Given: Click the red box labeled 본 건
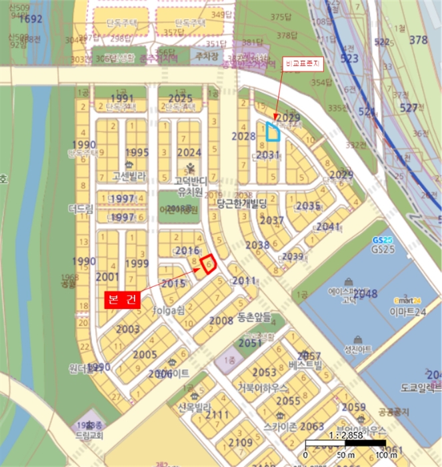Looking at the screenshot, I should pyautogui.click(x=123, y=300).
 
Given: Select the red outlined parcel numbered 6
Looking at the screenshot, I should pyautogui.click(x=208, y=264).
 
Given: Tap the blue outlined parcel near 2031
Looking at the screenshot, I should pyautogui.click(x=272, y=131).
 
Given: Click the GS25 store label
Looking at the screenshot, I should pyautogui.click(x=383, y=249).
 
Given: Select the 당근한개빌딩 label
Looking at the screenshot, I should pyautogui.click(x=242, y=203).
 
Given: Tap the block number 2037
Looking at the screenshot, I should pyautogui.click(x=271, y=221).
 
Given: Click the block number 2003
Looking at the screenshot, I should pyautogui.click(x=128, y=330).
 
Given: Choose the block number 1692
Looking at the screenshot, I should pyautogui.click(x=30, y=19).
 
